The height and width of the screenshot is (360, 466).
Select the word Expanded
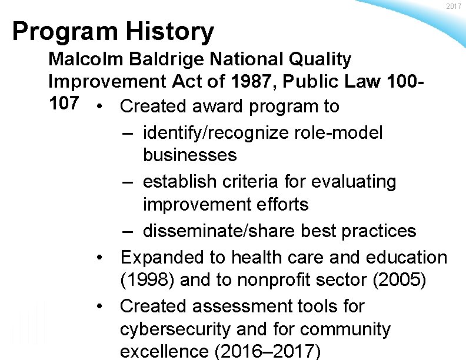tap(162, 257)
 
